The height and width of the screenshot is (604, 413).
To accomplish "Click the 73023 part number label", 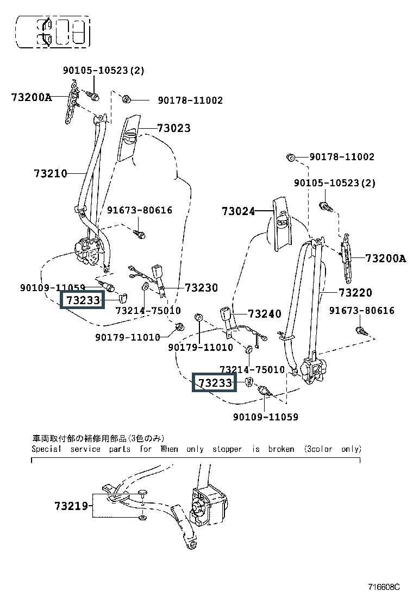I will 174,128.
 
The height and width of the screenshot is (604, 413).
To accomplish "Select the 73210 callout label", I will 51,174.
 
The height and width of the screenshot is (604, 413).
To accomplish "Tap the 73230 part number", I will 201,288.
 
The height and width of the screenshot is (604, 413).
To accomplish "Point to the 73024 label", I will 238,211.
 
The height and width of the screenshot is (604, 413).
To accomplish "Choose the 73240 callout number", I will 265,314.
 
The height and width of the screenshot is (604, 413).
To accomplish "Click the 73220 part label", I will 355,293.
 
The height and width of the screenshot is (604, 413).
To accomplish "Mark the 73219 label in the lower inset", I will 71,506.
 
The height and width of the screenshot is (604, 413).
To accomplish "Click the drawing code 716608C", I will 384,587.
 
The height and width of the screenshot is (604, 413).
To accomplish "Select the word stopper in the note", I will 227,449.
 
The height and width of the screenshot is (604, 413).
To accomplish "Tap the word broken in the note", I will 281,449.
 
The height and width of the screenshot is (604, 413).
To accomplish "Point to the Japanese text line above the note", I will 98,438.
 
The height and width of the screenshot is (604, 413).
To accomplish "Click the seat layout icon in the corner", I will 53,31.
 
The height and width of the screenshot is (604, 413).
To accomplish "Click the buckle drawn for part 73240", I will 227,315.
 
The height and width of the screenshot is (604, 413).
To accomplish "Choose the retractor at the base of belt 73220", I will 312,369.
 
